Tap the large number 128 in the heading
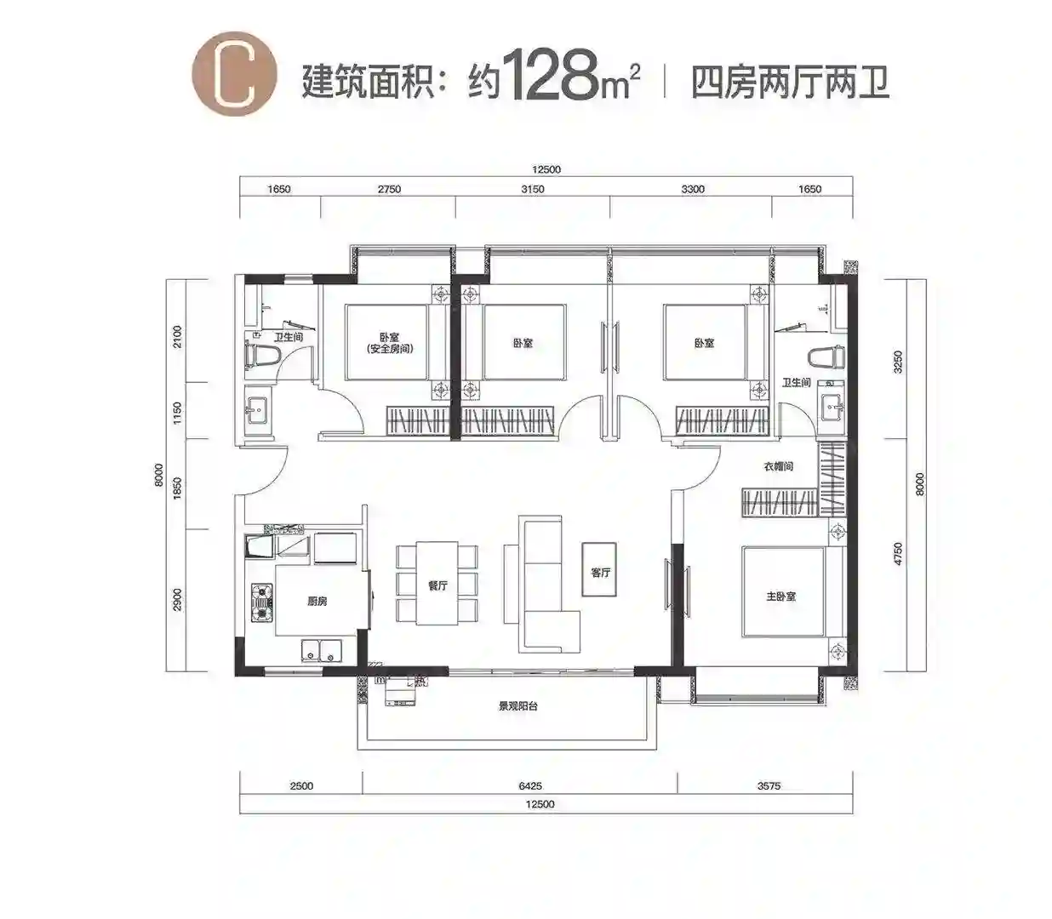pos(551,73)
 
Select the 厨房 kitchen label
pos(317,601)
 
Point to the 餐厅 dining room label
pos(437,585)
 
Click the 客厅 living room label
pos(600,573)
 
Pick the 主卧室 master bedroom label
pos(781,596)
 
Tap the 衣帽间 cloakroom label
pos(778,466)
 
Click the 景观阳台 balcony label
pos(517,705)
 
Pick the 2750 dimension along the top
pos(389,189)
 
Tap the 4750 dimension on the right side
pos(898,554)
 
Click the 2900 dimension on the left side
pos(177,599)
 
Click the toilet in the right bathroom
pos(826,357)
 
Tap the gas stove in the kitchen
pos(261,602)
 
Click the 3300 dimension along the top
pos(693,189)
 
